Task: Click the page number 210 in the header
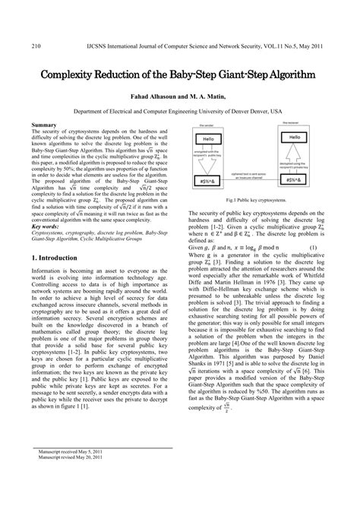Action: click(x=35, y=46)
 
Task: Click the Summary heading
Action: click(x=43, y=124)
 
